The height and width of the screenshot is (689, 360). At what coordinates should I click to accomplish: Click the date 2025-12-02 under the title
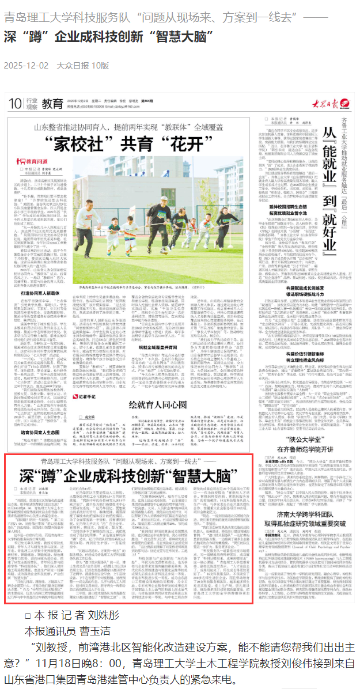[26, 66]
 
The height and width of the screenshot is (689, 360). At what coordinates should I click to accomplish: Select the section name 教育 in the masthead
[52, 104]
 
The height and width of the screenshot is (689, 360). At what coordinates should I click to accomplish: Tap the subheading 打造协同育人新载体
[37, 277]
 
